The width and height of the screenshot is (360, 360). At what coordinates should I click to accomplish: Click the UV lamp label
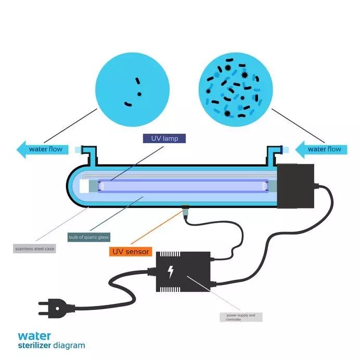click(164, 138)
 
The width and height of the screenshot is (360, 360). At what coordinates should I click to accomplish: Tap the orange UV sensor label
click(130, 252)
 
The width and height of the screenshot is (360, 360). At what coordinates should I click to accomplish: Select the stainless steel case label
click(34, 249)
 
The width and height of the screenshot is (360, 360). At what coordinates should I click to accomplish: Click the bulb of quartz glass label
click(89, 237)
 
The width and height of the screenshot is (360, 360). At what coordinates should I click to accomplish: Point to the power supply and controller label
click(240, 317)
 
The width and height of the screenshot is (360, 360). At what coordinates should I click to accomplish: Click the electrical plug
click(52, 309)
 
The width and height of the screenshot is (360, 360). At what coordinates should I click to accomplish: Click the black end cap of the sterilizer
click(295, 186)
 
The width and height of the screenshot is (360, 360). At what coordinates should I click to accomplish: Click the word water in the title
click(34, 336)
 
